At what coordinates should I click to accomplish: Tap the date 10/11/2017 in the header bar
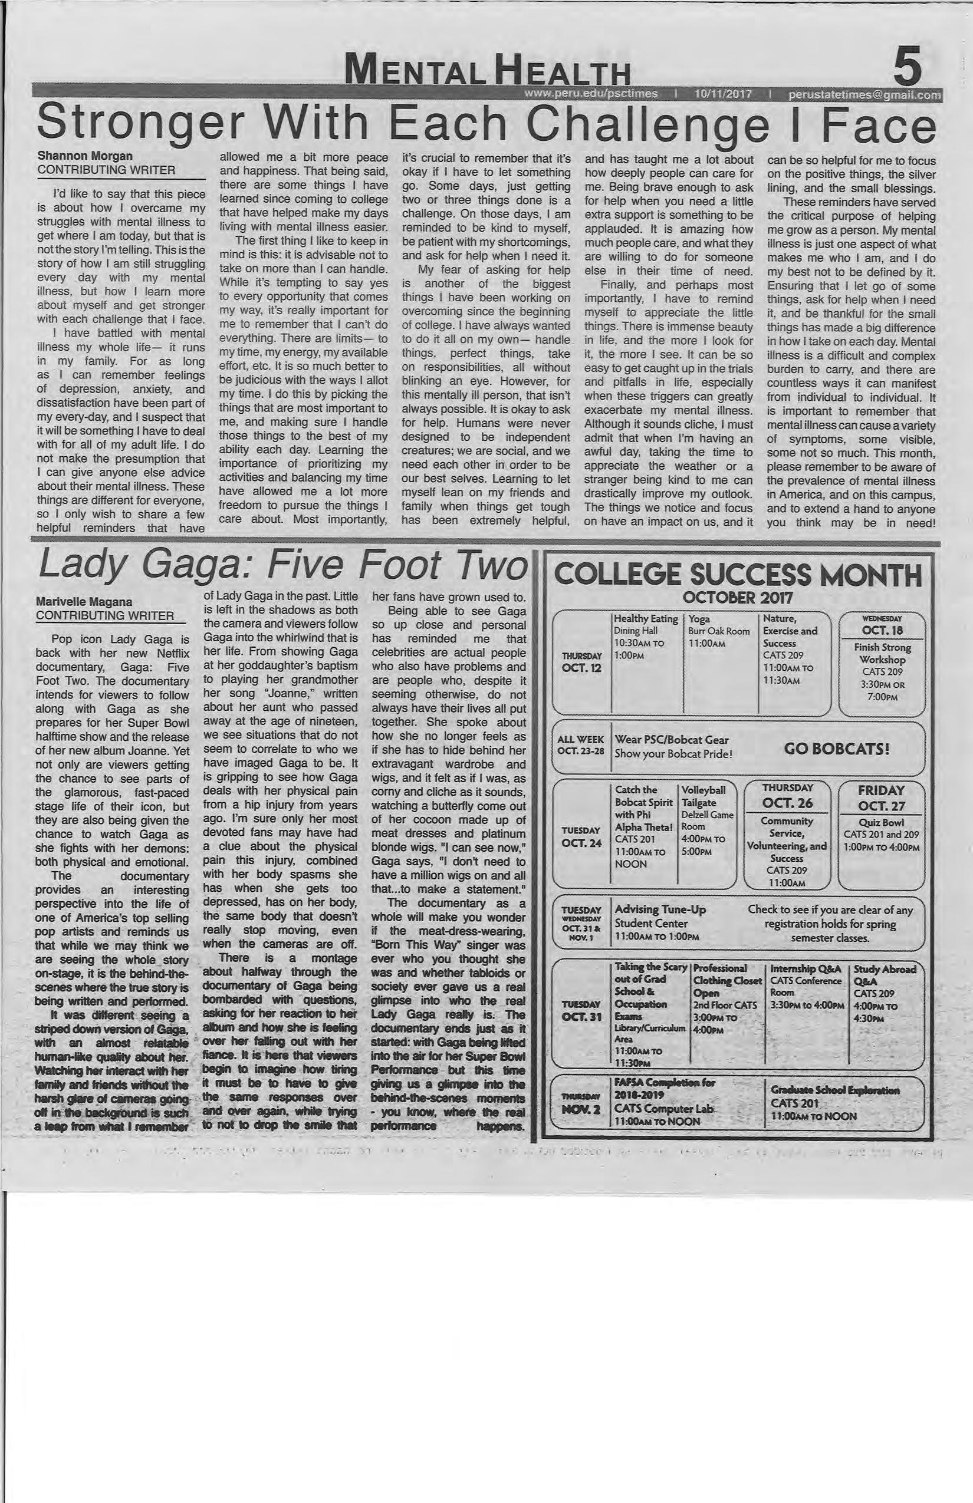click(x=722, y=94)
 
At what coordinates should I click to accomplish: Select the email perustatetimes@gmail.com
click(x=864, y=95)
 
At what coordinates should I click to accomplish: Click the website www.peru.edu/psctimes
click(x=591, y=94)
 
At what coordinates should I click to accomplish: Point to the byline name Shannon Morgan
click(x=85, y=156)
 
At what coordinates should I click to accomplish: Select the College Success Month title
click(x=737, y=575)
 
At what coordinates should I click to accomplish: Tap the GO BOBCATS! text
click(x=837, y=749)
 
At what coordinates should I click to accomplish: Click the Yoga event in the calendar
click(x=699, y=619)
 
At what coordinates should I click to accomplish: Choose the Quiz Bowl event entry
click(x=881, y=822)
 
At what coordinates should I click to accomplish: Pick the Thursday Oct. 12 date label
click(x=581, y=662)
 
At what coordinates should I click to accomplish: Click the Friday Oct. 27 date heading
click(x=881, y=797)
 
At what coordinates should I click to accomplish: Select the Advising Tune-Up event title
click(x=660, y=909)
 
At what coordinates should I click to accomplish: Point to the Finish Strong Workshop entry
click(x=882, y=653)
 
